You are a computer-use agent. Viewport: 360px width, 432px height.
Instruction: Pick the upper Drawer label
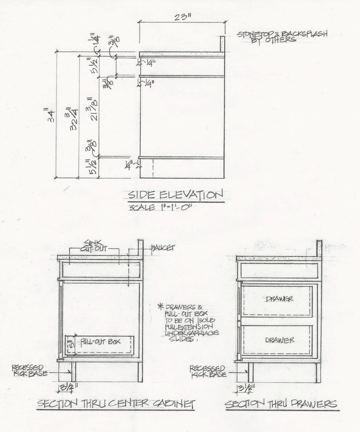click(279, 299)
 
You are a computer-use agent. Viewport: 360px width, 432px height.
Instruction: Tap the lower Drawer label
click(279, 340)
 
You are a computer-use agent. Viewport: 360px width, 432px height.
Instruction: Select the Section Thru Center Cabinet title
click(116, 403)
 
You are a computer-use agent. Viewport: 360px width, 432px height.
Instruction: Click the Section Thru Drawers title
click(281, 403)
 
